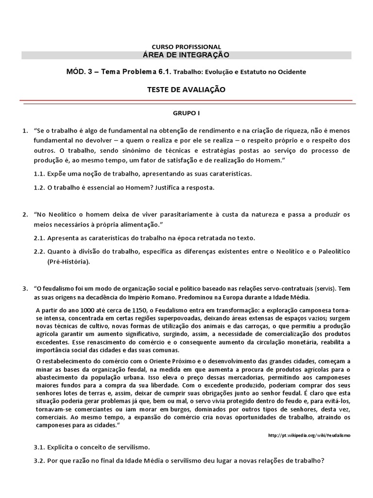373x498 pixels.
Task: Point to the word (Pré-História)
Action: [x=68, y=262]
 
